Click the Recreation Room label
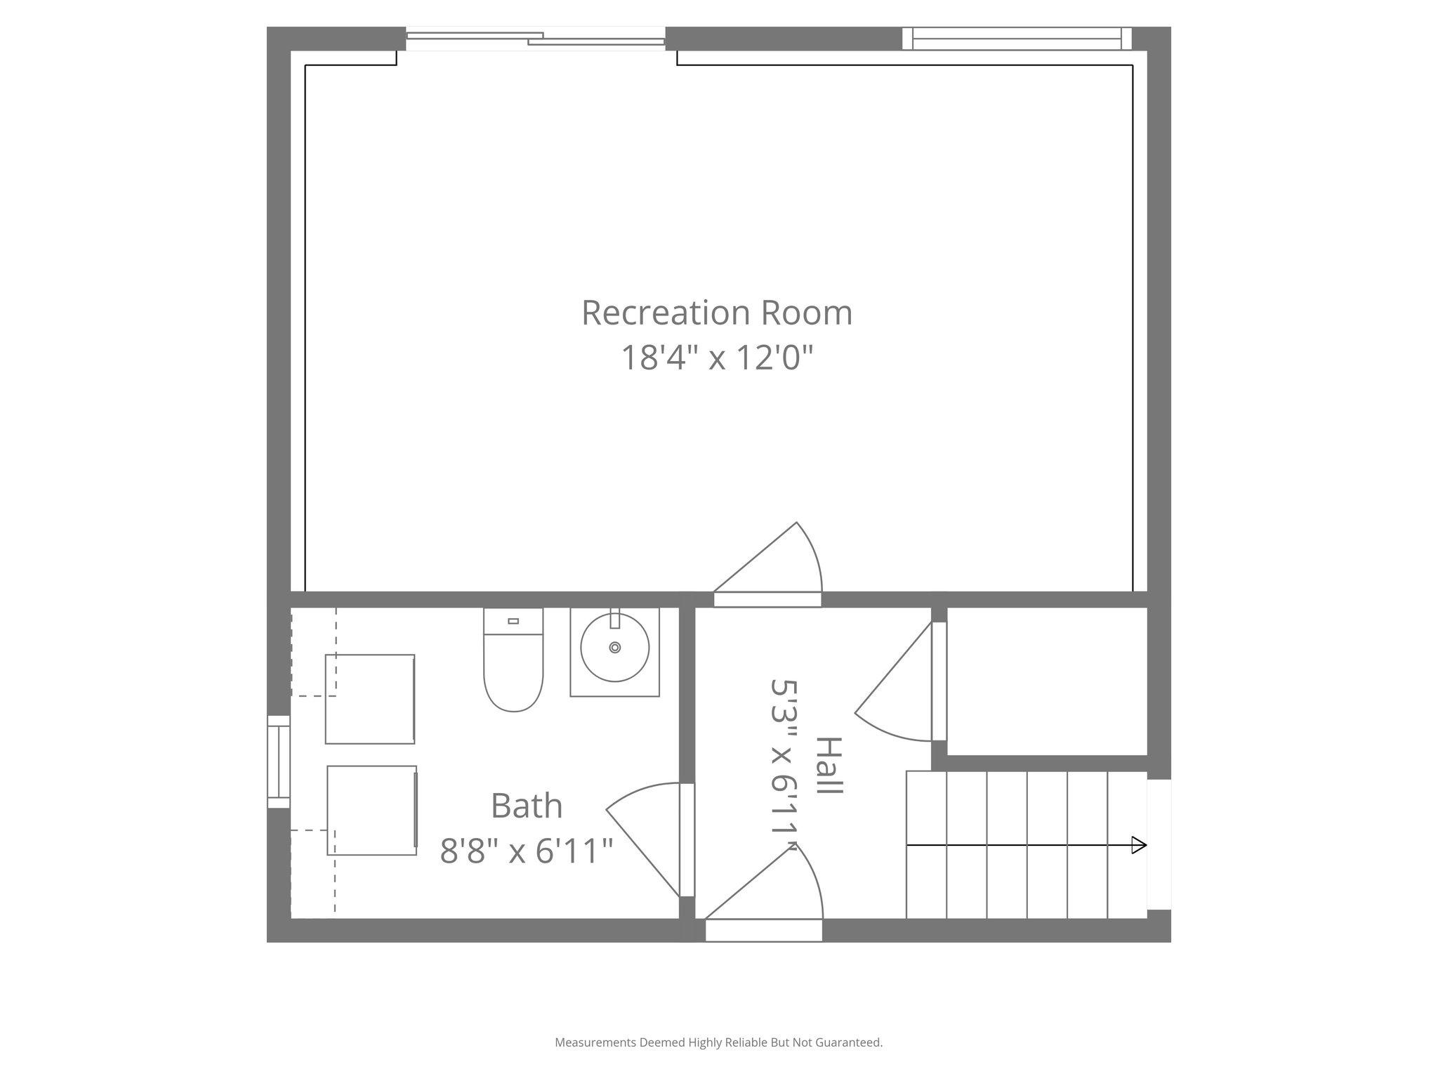[x=717, y=313]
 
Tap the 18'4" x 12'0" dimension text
[x=717, y=358]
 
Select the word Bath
[x=527, y=806]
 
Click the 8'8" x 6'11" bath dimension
[x=527, y=851]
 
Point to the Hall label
[x=830, y=766]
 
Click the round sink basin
[x=614, y=648]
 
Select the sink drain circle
[x=615, y=647]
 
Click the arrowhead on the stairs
[x=1139, y=845]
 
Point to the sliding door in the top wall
[x=535, y=39]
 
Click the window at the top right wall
[x=1017, y=39]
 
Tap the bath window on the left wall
[x=279, y=761]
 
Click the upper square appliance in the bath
[x=370, y=699]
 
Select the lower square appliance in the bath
[x=372, y=810]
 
